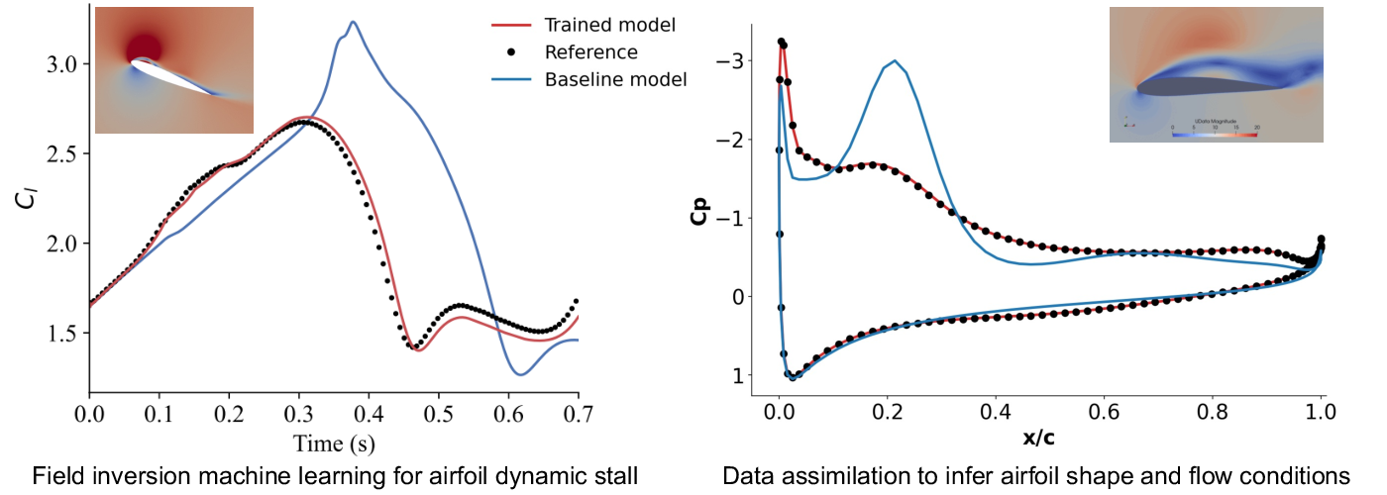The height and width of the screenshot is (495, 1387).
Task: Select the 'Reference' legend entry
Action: [590, 52]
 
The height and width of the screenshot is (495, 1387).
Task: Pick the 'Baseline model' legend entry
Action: [615, 80]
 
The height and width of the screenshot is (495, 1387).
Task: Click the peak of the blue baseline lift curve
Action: [353, 22]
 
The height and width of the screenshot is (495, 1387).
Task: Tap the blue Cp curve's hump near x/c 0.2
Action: [896, 61]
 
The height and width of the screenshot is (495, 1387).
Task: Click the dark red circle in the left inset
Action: [145, 46]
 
